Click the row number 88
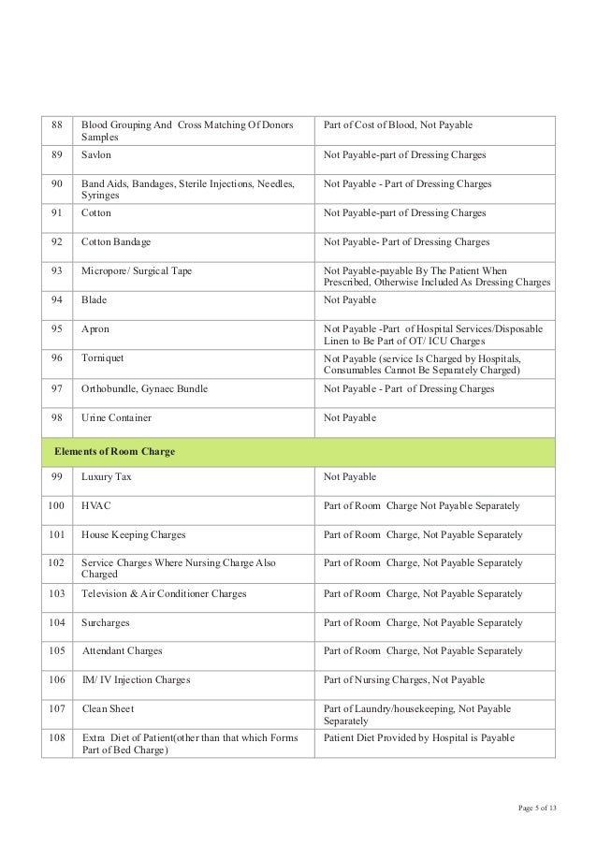pos(55,124)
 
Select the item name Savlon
pos(96,154)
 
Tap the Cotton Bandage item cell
pos(114,241)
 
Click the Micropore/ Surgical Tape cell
pos(137,271)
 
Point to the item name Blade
pos(94,300)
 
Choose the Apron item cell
pos(95,329)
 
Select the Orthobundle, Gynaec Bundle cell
pos(144,388)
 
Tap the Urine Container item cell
pos(116,417)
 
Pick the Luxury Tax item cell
pos(108,476)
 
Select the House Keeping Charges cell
pos(133,535)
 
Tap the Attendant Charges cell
pos(122,651)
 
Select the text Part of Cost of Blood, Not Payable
pos(398,124)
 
